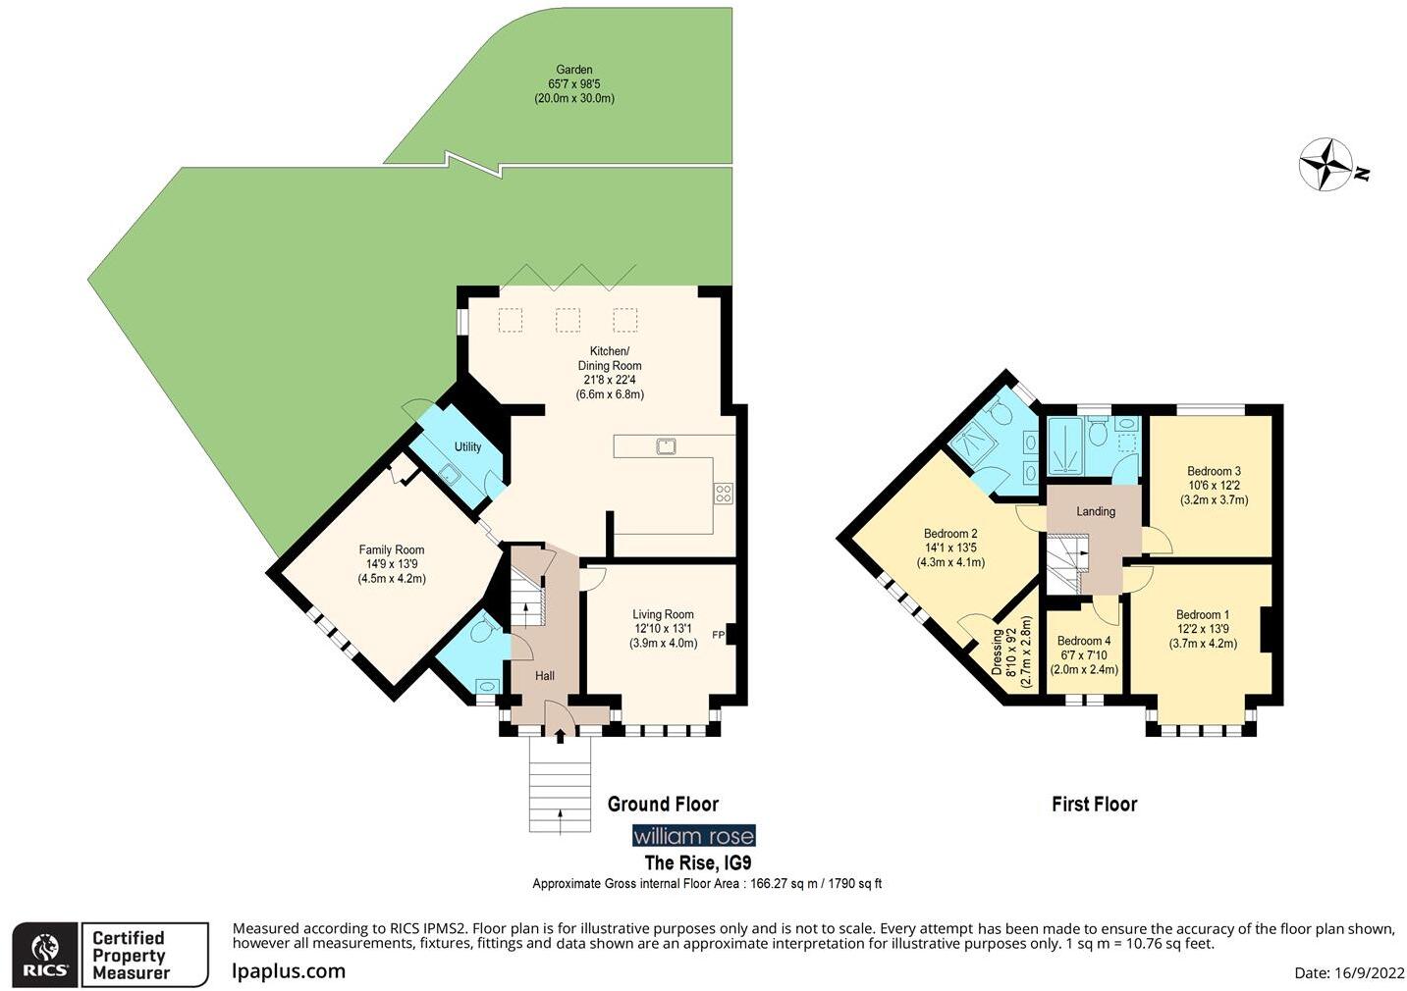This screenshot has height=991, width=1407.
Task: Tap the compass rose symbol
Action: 1326,164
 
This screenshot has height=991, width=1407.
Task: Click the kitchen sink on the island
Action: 668,446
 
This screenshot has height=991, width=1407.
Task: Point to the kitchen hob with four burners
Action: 724,494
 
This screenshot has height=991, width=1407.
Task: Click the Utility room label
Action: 467,447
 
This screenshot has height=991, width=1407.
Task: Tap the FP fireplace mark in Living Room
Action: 718,634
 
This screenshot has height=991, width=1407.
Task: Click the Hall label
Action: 545,676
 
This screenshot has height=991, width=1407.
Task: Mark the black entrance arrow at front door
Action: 560,735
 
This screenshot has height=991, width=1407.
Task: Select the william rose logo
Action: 693,836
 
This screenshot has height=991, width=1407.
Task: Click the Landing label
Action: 1096,511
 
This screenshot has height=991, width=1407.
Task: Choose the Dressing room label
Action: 998,652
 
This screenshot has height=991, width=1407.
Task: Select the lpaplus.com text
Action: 289,971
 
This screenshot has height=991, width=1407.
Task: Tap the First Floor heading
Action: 1094,805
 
